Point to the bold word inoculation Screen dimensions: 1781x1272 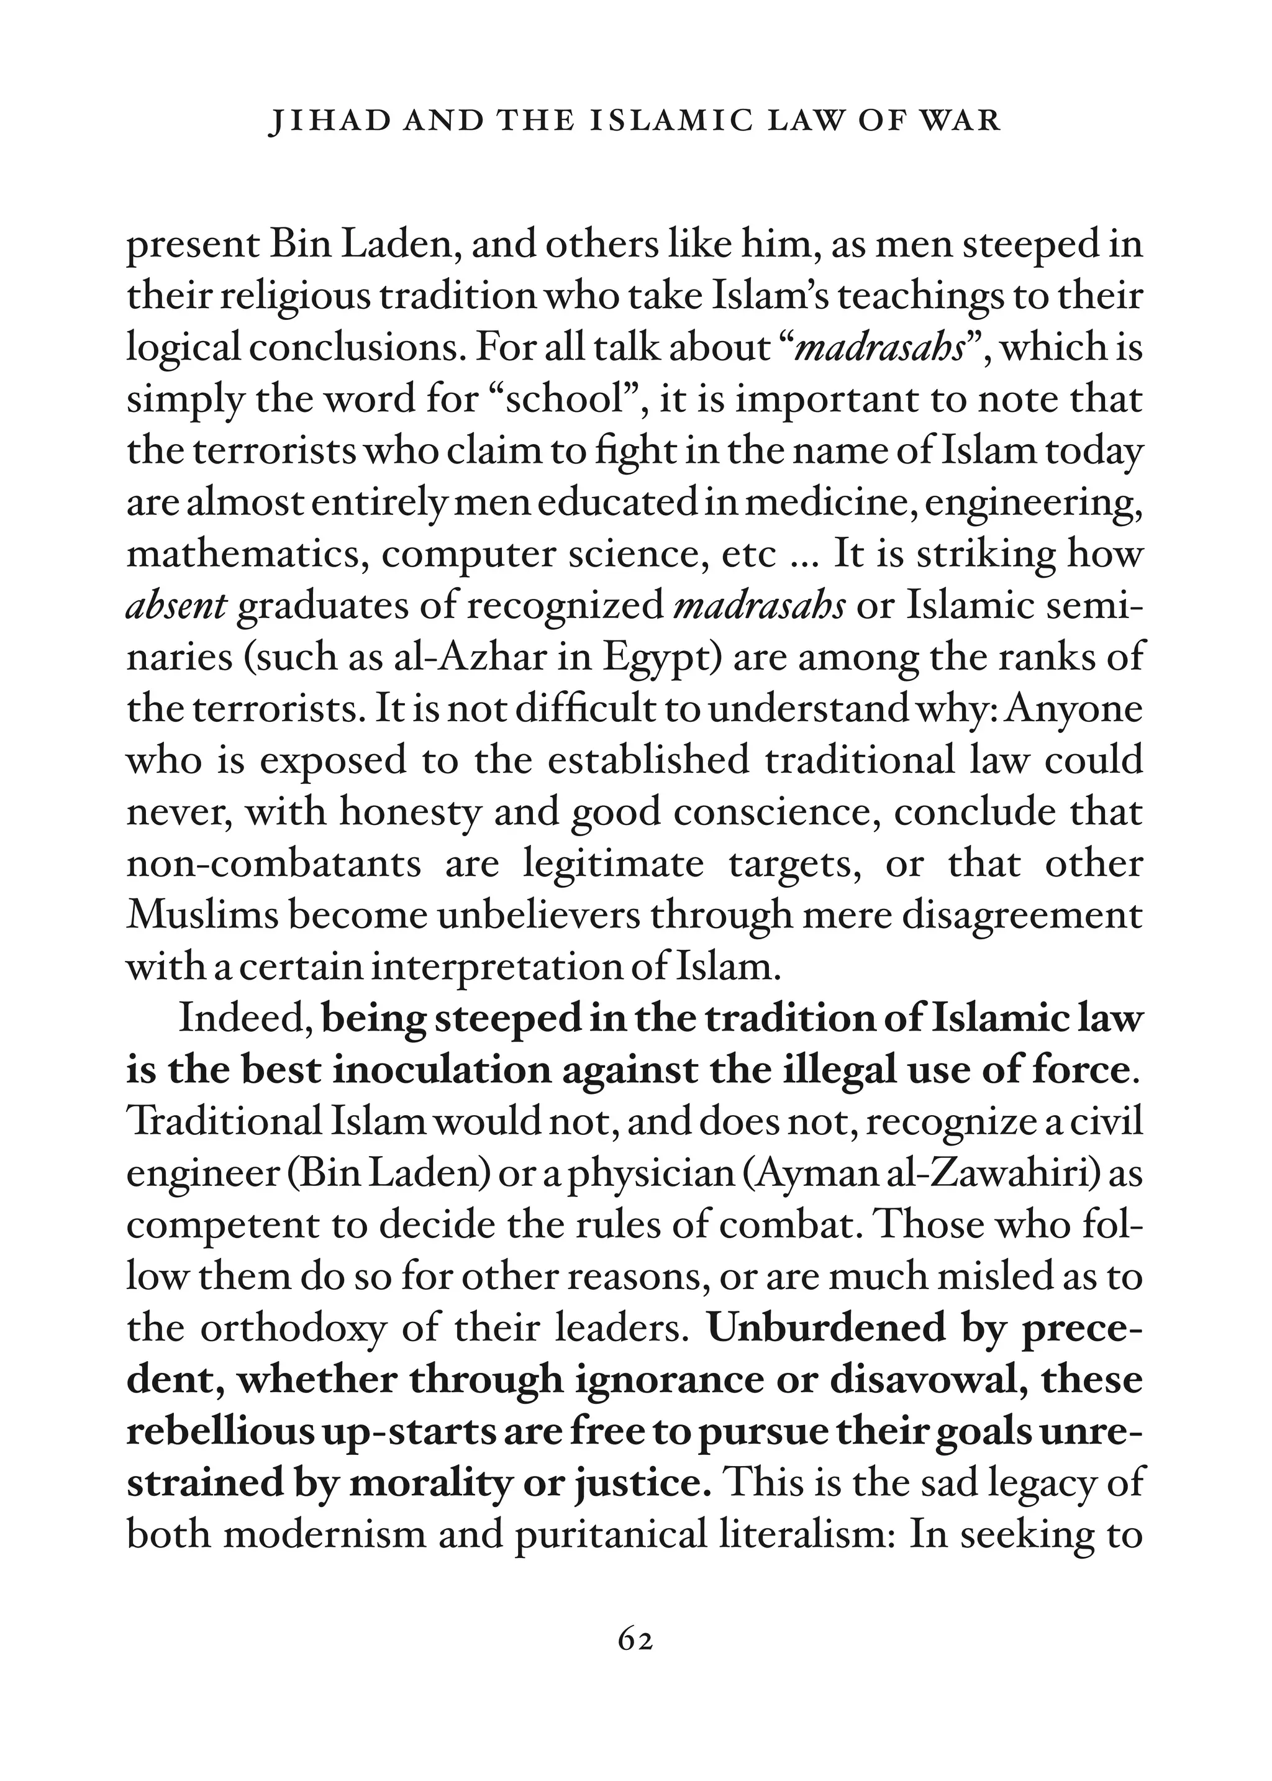click(x=442, y=1070)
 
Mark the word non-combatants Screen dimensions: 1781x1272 click(x=273, y=865)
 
